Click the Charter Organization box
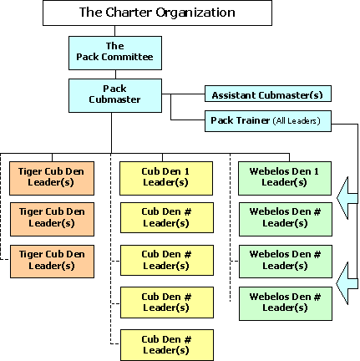(x=157, y=13)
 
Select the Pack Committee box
(x=115, y=53)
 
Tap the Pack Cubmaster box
(x=115, y=95)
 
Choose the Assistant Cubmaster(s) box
(x=268, y=94)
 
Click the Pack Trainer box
(x=268, y=121)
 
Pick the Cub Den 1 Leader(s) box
(x=166, y=178)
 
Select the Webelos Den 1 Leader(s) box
(x=285, y=178)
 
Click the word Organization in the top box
(x=195, y=13)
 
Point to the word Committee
(x=127, y=57)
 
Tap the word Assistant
(x=234, y=95)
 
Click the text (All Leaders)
(x=297, y=120)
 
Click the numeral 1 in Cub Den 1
(x=187, y=171)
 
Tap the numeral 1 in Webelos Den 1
(x=317, y=171)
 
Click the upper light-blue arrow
(x=347, y=198)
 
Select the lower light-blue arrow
(x=347, y=283)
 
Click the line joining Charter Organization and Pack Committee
(x=114, y=31)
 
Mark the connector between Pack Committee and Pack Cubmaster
(x=115, y=74)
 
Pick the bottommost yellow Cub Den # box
(x=167, y=345)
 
